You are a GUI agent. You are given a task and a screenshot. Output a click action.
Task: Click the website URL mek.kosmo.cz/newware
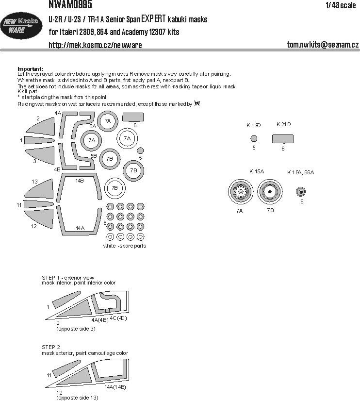pos(95,45)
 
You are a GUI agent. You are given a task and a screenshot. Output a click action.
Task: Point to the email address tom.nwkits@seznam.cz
pos(323,45)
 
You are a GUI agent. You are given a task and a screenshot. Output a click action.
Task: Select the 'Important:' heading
pos(30,69)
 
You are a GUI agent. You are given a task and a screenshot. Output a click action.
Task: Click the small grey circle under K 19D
pos(254,139)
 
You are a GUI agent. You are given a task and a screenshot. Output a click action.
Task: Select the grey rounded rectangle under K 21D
pos(283,139)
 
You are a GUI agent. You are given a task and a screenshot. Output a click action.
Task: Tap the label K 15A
pos(257,171)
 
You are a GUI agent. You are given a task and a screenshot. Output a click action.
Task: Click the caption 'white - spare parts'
pos(124,246)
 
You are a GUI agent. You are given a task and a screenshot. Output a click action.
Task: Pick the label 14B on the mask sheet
pos(79,180)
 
